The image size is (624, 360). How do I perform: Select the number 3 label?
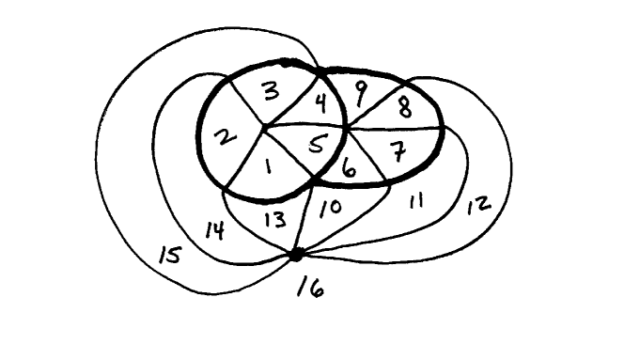271,92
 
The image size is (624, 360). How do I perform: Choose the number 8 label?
403,105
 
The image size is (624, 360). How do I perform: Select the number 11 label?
414,201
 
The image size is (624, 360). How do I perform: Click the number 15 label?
169,256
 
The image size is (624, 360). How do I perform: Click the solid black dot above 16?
296,254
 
